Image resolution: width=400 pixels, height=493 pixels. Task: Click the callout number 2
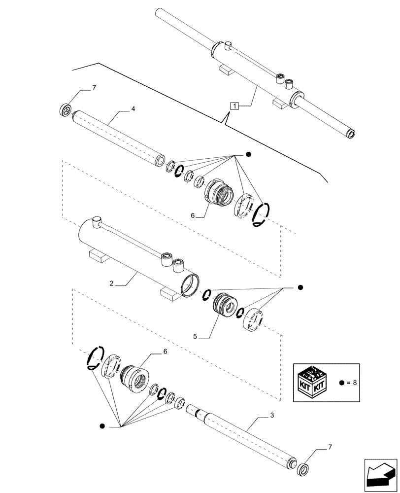[x=112, y=283]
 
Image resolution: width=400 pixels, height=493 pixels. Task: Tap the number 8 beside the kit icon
[x=354, y=383]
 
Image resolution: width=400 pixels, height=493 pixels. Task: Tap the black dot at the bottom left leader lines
[x=102, y=426]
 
